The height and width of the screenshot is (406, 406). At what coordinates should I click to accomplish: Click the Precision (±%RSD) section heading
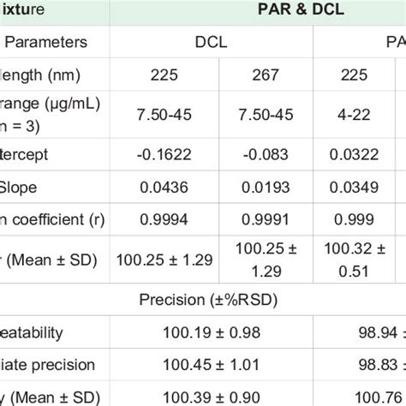point(203,299)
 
